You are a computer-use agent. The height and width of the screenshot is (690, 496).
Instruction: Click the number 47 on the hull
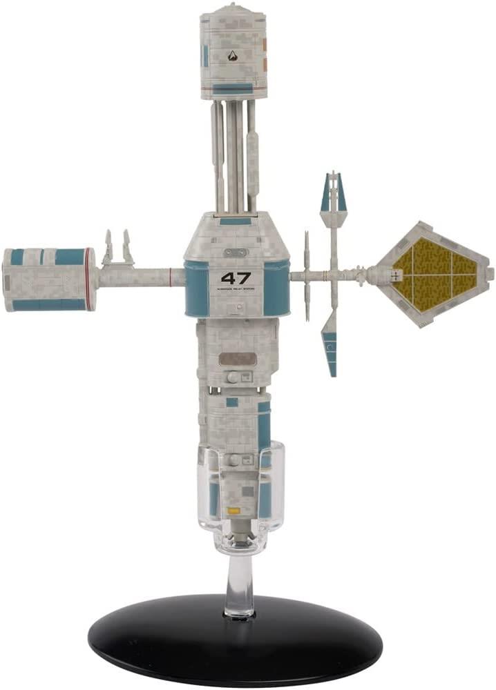(236, 279)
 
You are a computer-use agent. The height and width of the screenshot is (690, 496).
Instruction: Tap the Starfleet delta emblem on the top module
(232, 56)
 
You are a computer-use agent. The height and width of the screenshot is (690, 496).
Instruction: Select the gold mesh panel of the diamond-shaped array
(434, 273)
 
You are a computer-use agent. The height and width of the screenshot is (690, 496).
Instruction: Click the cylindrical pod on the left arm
(48, 279)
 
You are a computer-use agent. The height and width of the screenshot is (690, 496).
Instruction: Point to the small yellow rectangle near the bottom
(234, 511)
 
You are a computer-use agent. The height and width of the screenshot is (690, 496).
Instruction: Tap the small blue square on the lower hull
(232, 402)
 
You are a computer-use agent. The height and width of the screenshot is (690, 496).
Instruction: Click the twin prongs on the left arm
(118, 248)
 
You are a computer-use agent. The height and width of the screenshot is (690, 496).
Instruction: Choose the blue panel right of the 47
(276, 288)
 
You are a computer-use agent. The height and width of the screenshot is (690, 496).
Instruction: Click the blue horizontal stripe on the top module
(232, 88)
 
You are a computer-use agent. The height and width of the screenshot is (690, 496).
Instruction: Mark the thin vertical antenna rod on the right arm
(306, 276)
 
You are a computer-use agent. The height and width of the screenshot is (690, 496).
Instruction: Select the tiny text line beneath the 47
(236, 290)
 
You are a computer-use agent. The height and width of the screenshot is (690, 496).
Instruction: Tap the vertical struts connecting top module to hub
(233, 155)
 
